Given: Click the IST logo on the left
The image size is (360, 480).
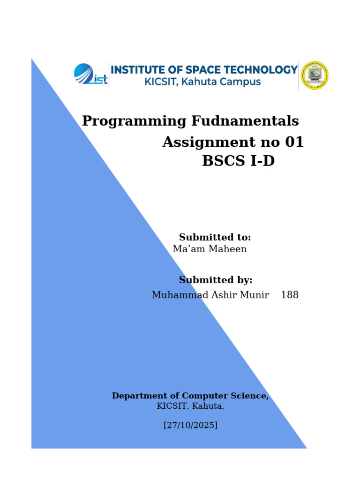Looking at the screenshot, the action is (90, 74).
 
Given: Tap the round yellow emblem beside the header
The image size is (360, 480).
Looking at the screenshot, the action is (315, 75).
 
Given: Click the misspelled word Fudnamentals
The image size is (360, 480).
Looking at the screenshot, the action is (245, 120).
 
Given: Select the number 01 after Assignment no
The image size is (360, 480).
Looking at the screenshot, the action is (294, 142).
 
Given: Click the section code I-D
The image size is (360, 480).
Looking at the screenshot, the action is (262, 161).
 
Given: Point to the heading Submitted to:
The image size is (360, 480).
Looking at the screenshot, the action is (215, 237).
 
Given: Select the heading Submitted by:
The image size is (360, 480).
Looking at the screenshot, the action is (216, 280).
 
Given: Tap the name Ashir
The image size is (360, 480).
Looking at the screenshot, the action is (225, 294).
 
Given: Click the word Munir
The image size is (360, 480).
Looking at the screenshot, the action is (255, 294).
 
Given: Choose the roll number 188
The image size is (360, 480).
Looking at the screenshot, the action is (290, 294).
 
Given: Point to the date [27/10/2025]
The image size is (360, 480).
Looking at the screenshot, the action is (190, 425).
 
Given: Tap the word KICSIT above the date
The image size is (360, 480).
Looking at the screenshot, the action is (172, 406).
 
